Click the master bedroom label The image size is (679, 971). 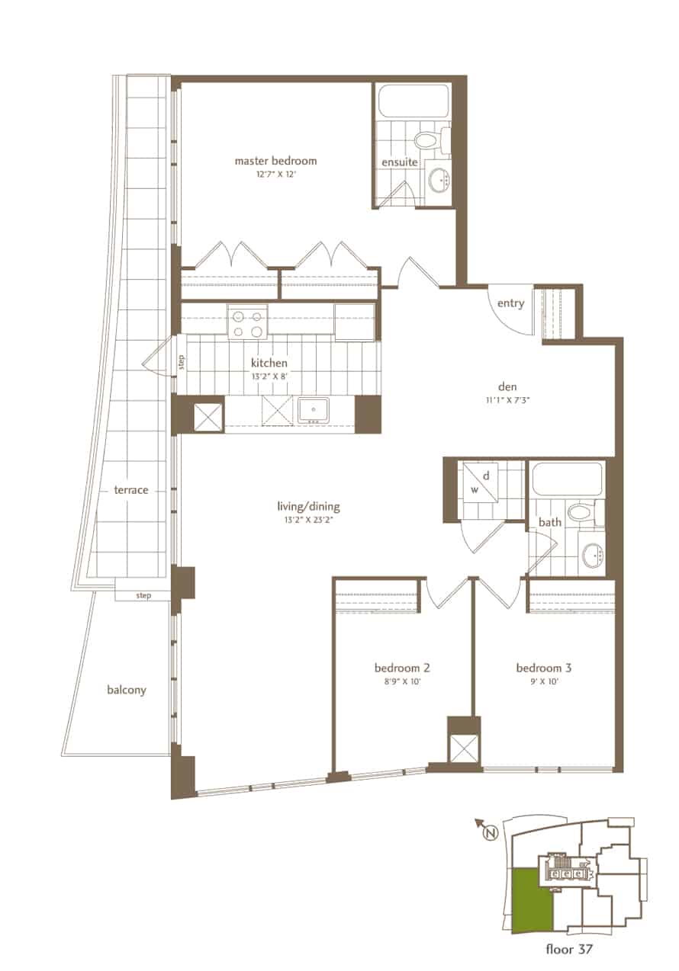[x=275, y=162]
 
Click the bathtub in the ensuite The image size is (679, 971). [x=414, y=101]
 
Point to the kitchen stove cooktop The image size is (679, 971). [x=247, y=321]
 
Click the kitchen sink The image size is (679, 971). [x=314, y=409]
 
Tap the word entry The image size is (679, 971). [x=510, y=303]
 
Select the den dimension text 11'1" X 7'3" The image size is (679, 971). [x=507, y=399]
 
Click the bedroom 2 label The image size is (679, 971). [x=402, y=668]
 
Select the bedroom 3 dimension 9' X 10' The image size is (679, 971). [x=544, y=681]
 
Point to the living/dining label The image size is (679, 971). [x=308, y=507]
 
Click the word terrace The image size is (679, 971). [x=131, y=490]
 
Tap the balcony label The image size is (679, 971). [x=127, y=690]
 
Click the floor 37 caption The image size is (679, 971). [x=569, y=950]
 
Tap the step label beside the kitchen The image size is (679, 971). [x=182, y=362]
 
